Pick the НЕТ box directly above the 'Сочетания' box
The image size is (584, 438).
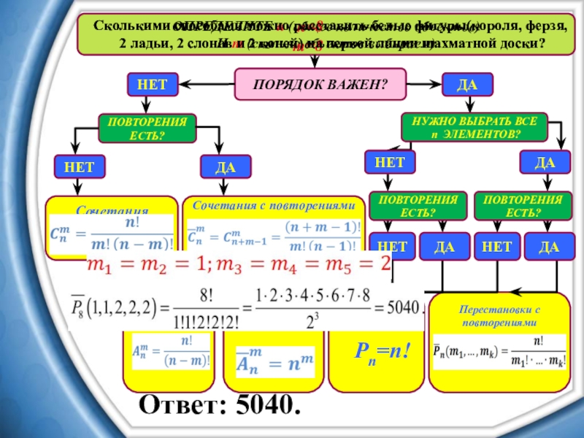click(79, 167)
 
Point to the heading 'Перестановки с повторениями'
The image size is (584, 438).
click(499, 315)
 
